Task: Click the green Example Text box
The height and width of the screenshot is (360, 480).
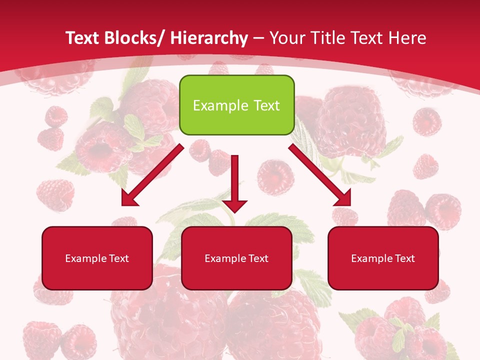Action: click(x=236, y=105)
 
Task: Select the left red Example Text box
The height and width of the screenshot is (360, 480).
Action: click(x=97, y=258)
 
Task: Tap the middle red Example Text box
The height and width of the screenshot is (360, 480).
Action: click(x=236, y=258)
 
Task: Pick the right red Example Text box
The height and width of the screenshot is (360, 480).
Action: click(x=383, y=258)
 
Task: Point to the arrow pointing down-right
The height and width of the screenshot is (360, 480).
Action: click(x=320, y=175)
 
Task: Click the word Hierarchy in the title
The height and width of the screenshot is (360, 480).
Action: click(x=209, y=38)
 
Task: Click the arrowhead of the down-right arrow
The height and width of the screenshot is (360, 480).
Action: click(x=343, y=198)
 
